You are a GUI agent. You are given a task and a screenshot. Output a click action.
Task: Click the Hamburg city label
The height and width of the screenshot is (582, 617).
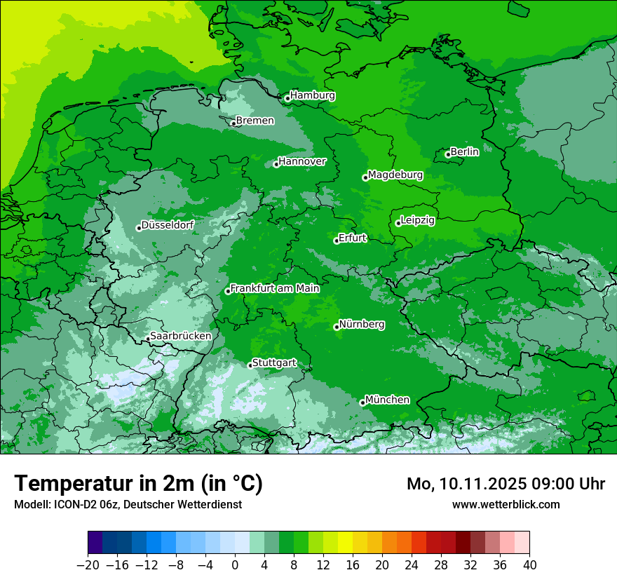[313, 95]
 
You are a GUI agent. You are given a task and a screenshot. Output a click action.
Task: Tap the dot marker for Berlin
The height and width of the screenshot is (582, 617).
[448, 155]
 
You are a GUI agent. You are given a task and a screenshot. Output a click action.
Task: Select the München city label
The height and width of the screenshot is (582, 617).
[387, 400]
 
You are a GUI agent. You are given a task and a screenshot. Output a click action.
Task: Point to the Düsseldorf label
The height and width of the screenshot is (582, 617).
[168, 225]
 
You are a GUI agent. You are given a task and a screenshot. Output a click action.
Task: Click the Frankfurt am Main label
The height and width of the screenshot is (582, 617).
[275, 288]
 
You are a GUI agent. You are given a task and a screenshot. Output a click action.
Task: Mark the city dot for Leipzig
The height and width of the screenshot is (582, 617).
[398, 224]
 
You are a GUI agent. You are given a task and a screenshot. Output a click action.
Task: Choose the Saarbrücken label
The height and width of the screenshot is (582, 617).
[180, 336]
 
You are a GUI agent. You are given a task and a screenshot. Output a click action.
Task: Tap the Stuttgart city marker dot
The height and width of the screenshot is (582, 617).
[250, 365]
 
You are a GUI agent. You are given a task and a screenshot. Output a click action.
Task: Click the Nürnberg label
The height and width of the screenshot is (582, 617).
[362, 325]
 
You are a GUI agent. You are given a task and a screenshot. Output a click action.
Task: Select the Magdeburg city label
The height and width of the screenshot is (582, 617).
[395, 175]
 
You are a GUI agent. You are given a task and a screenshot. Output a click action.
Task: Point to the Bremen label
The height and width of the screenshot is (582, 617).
[255, 121]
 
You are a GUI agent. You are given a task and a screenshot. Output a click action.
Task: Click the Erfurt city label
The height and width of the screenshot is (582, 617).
[352, 238]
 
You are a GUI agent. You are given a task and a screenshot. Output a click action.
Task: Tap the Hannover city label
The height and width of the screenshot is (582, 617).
[302, 161]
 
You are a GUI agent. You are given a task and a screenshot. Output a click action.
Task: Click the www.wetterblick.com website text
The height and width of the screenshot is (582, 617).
[506, 504]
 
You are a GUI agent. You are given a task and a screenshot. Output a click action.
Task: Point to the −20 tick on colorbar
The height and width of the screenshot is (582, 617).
[88, 564]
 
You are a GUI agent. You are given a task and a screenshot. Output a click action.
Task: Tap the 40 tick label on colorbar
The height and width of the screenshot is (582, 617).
[529, 564]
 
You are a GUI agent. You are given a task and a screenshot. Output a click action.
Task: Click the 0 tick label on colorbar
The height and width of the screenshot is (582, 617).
[235, 564]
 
